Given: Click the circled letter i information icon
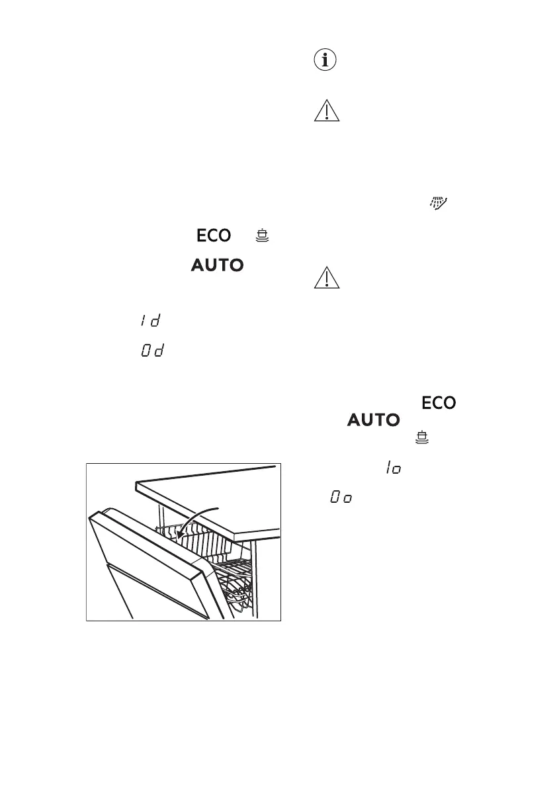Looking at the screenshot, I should click(x=326, y=62).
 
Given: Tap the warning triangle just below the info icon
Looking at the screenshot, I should click(x=326, y=110).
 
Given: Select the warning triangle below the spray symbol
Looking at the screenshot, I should click(x=326, y=278).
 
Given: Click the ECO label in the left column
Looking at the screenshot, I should click(x=212, y=236).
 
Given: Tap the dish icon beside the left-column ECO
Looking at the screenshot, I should click(x=263, y=236).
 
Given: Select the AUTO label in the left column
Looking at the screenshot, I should click(x=218, y=265).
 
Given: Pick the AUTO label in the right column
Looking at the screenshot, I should click(x=373, y=420).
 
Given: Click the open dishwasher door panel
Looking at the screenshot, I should click(x=146, y=562).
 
